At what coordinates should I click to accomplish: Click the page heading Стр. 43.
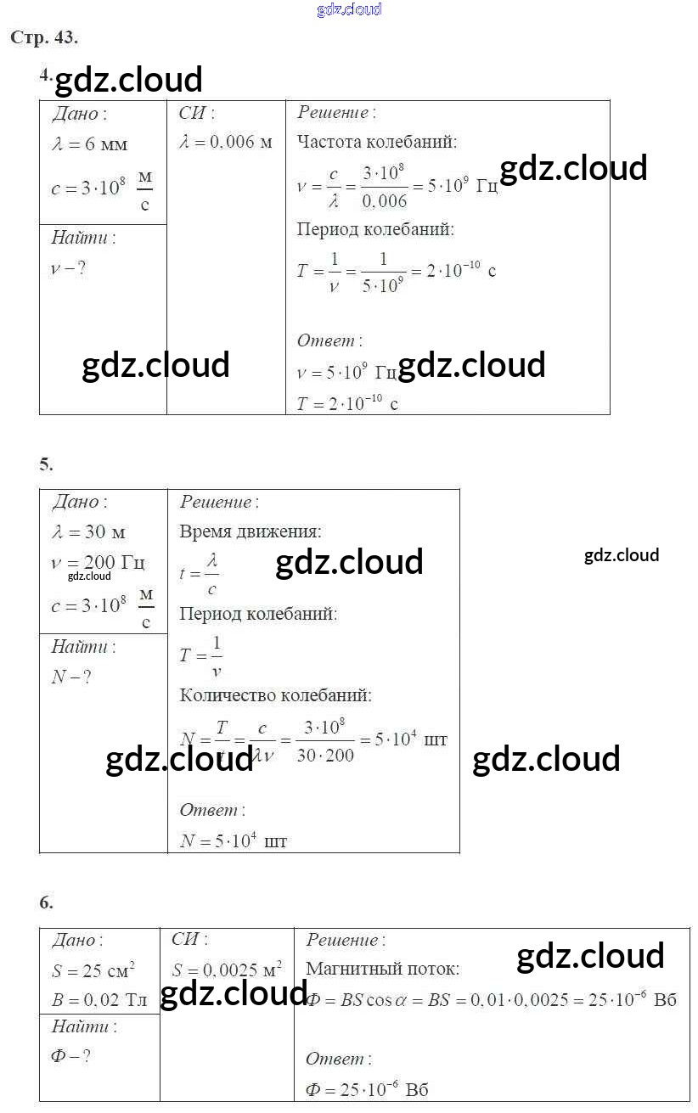click(x=43, y=37)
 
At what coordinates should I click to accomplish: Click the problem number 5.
click(x=46, y=464)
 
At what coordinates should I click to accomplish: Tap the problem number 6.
click(x=46, y=902)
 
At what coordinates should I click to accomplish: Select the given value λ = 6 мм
click(x=89, y=144)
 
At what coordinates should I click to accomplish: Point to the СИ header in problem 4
click(x=196, y=113)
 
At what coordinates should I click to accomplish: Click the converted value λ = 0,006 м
click(x=226, y=142)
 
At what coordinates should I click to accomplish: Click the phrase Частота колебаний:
click(x=377, y=142)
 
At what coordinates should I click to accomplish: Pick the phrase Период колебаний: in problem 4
click(x=374, y=229)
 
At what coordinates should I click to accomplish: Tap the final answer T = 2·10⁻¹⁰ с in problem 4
click(x=347, y=404)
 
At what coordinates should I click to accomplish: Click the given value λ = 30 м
click(x=88, y=532)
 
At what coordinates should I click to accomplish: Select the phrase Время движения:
click(x=250, y=532)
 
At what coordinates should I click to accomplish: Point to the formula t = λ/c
click(x=199, y=574)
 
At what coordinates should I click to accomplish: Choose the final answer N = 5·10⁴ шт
click(x=234, y=841)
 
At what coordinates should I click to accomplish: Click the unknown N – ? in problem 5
click(x=71, y=677)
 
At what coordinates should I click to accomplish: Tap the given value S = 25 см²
click(x=93, y=970)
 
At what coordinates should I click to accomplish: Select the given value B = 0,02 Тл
click(x=99, y=1000)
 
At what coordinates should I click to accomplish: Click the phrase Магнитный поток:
click(x=382, y=969)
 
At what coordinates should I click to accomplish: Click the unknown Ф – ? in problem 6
click(x=71, y=1057)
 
